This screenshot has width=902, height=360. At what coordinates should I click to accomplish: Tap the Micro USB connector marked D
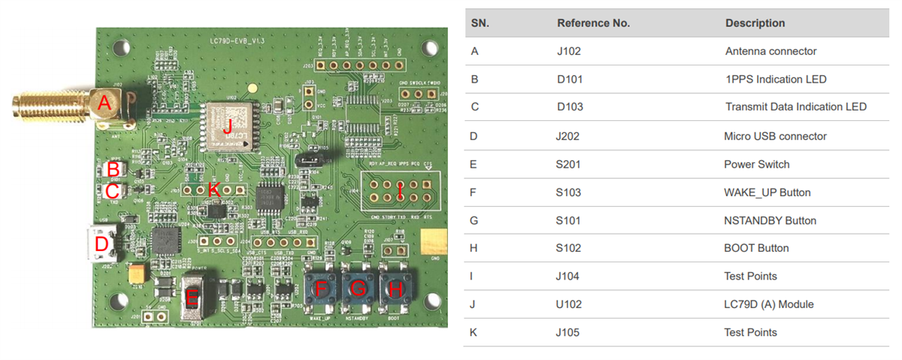tap(101, 244)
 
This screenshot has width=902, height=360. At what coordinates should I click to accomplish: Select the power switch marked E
tap(192, 298)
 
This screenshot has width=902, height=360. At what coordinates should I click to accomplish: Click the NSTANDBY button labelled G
tap(359, 287)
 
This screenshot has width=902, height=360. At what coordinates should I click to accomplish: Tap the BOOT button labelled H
tap(397, 287)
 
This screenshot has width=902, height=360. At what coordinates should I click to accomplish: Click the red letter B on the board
tap(113, 169)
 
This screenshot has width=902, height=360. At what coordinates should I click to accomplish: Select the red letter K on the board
tap(213, 190)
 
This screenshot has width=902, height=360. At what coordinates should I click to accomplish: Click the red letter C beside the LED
tap(112, 192)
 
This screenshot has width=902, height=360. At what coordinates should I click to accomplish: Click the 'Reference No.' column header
tap(593, 23)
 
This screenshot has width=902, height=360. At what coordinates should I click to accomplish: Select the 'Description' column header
tap(755, 23)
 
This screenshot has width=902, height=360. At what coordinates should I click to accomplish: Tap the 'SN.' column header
tap(480, 23)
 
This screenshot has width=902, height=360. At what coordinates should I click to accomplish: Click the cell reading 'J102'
tap(569, 52)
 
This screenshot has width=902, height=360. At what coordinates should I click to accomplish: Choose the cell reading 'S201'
tap(569, 164)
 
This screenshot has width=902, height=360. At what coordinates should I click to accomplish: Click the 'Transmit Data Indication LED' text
tap(795, 107)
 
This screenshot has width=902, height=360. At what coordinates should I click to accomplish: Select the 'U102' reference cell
tap(570, 304)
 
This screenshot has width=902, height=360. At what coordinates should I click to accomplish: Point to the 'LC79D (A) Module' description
tap(769, 304)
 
